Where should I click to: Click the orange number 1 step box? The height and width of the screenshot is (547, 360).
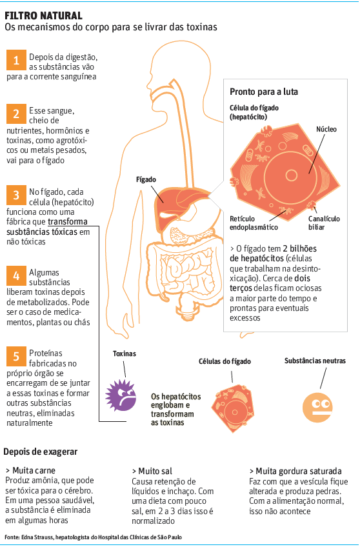point(16,60)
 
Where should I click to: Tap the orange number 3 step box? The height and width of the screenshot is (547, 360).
point(16,195)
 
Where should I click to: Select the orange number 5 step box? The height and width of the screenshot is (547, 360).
point(16,356)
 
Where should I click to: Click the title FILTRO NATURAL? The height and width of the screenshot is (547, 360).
point(44,15)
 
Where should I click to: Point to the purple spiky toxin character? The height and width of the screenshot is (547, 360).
point(121,395)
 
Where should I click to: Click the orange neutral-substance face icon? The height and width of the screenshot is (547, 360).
point(317,407)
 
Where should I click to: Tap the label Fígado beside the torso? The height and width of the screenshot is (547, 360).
point(146,180)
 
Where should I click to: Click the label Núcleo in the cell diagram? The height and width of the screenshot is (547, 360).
point(326,129)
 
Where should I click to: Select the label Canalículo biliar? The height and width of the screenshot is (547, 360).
point(324,223)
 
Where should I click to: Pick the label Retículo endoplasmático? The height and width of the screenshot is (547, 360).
point(254,223)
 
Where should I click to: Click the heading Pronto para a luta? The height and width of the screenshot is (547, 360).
point(264,92)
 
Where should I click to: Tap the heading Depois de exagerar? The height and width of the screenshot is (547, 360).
point(41,452)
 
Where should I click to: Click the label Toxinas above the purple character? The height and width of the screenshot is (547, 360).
point(124,353)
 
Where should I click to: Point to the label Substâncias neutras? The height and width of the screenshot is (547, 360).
point(315,361)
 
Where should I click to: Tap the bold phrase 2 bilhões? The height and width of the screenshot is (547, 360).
point(299,249)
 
